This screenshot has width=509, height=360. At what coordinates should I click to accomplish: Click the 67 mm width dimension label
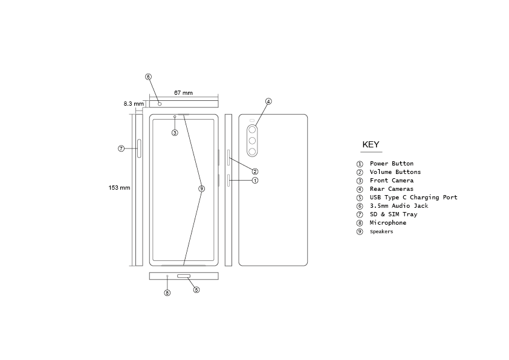(183, 93)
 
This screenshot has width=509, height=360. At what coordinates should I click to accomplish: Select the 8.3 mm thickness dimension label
(134, 104)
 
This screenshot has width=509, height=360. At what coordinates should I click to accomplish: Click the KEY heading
(371, 144)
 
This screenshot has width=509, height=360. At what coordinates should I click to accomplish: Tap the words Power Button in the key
(391, 164)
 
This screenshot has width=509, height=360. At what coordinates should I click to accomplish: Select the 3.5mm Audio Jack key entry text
(398, 206)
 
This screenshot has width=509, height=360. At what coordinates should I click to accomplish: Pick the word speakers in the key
(381, 231)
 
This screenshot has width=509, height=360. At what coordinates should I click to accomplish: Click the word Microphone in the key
(387, 223)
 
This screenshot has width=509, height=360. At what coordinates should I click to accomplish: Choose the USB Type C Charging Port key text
(413, 198)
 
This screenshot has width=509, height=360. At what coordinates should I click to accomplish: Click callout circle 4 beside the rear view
(268, 101)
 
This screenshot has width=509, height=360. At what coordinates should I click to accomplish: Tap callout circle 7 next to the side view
(121, 148)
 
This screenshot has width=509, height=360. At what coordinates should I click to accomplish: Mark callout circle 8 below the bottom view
(167, 293)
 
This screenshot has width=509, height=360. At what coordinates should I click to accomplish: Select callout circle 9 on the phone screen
(202, 188)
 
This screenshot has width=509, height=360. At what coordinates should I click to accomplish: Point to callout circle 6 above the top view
(148, 77)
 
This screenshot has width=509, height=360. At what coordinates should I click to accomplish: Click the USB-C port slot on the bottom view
(184, 276)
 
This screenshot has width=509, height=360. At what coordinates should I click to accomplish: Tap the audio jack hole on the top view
(160, 103)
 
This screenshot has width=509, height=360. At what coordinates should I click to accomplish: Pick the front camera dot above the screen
(175, 117)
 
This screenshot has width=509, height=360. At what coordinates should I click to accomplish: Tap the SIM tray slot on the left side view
(140, 148)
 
